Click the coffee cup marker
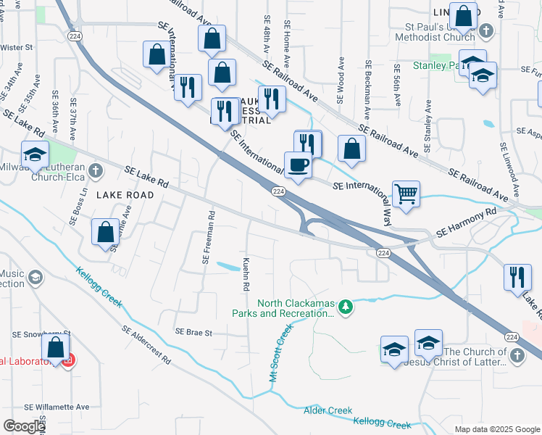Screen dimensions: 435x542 297,165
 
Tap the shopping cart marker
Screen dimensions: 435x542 406,194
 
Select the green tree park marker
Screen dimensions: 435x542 346,307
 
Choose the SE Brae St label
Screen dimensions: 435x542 193,333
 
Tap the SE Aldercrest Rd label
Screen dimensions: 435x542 146,344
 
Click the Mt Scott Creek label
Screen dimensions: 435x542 280,354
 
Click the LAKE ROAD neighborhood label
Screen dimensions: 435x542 125,195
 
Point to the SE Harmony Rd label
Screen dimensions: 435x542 466,224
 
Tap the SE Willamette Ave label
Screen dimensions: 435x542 57,407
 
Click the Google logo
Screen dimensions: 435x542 24,426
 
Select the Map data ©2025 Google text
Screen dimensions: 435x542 496,429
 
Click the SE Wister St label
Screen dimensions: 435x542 17,47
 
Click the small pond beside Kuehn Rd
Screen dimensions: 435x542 229,267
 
